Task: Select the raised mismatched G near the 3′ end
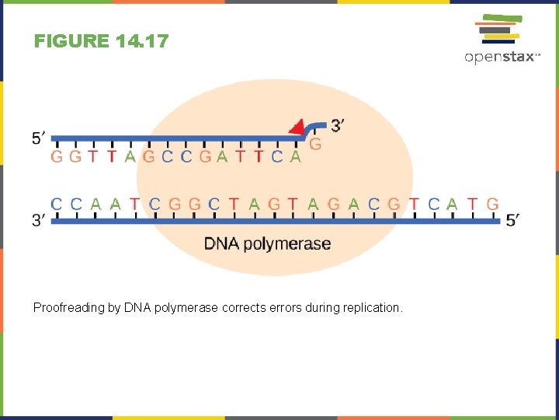(x=315, y=145)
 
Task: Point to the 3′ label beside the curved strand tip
(x=339, y=124)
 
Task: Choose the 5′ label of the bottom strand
(x=512, y=221)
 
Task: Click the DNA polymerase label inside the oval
(x=267, y=243)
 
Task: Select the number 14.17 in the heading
(x=141, y=41)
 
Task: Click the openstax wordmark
(x=502, y=57)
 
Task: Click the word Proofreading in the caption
(x=66, y=308)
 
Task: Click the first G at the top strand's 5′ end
(x=56, y=156)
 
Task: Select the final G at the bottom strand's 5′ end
(x=492, y=205)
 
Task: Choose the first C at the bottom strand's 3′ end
(x=56, y=205)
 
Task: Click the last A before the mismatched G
(x=295, y=156)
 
